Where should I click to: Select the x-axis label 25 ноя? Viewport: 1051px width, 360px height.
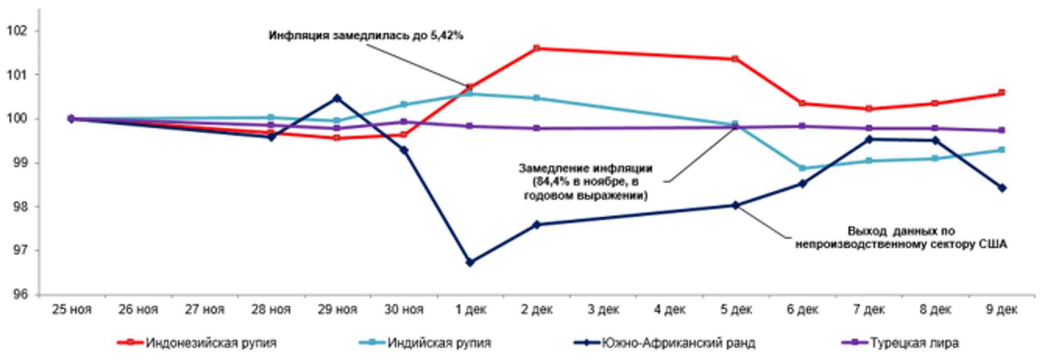click(72, 309)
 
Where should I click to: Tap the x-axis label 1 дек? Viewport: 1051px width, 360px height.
click(471, 309)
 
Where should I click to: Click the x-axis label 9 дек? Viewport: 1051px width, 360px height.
click(1001, 309)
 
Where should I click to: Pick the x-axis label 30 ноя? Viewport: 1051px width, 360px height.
click(404, 309)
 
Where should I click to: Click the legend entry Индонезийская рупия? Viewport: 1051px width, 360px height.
click(211, 343)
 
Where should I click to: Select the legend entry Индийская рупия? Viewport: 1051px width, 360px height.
click(439, 343)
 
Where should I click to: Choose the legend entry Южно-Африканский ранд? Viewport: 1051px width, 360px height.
click(678, 343)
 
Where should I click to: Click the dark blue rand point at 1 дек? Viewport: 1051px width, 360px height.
click(470, 263)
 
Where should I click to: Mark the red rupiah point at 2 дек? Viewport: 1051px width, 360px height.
click(537, 48)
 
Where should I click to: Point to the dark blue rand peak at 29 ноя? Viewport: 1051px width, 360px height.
click(337, 98)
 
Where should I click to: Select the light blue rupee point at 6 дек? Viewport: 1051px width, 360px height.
click(802, 168)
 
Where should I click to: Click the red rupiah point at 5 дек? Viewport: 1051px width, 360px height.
click(736, 59)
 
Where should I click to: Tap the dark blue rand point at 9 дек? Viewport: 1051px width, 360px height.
click(1002, 188)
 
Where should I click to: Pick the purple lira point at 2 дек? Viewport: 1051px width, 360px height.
click(537, 128)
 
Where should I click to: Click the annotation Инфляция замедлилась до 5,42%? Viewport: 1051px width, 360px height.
click(366, 36)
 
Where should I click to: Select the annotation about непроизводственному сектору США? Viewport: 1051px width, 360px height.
click(901, 237)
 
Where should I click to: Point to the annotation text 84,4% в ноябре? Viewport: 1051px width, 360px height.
click(585, 182)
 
